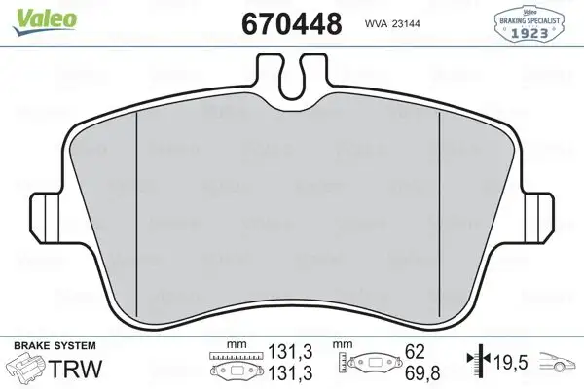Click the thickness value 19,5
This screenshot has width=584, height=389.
coord(509,364)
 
